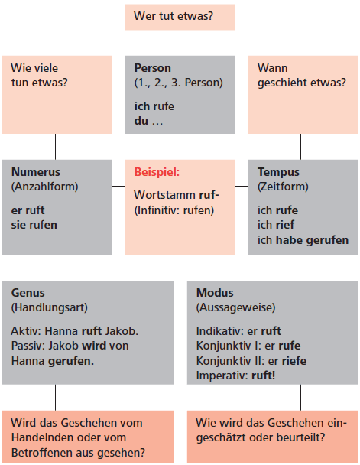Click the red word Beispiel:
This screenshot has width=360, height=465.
coord(157,172)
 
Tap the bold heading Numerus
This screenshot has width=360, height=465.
coord(36,172)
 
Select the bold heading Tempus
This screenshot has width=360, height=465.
coord(278,172)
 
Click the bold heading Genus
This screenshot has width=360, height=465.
coord(28,293)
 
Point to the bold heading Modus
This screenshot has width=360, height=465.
coord(215,293)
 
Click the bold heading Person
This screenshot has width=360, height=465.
coord(153,68)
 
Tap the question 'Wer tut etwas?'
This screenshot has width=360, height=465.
coord(174,16)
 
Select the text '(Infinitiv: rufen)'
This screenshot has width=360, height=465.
coord(174,210)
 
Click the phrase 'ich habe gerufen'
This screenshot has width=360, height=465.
coord(303,240)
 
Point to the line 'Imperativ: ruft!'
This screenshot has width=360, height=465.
coord(236,376)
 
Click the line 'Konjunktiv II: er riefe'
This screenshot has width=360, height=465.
coord(251,361)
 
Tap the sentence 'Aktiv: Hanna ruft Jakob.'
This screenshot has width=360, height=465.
coord(75,331)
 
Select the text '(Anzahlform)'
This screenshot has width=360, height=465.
coord(45,187)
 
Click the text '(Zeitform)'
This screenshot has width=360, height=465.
coord(283,187)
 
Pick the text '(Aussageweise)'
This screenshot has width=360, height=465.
coord(236,307)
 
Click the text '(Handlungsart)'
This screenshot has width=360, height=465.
coord(50,307)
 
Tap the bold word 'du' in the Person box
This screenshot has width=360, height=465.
coord(141,121)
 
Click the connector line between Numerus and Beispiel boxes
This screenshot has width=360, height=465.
coord(118,187)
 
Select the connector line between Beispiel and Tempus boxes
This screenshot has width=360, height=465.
coord(242,187)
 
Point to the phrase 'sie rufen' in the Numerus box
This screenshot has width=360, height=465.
coord(34,225)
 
